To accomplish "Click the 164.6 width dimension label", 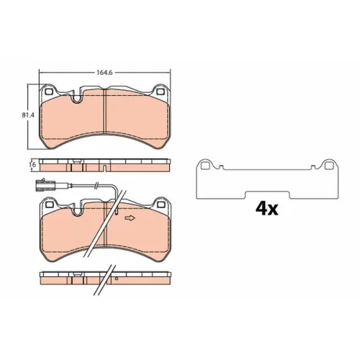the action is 104,72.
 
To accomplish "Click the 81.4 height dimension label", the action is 28,115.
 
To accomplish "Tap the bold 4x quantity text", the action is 266,208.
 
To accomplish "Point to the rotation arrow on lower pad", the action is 130,218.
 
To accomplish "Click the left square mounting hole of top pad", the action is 49,91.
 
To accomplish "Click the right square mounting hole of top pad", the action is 160,92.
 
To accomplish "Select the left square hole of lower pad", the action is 49,204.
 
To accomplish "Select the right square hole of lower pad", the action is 160,204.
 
